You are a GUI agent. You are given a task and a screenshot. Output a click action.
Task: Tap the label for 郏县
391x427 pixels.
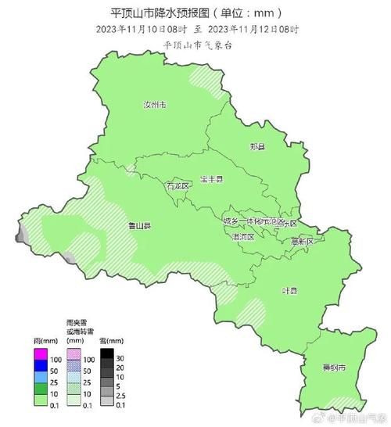click(256, 146)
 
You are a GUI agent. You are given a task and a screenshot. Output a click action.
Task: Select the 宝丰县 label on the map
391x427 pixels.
click(210, 180)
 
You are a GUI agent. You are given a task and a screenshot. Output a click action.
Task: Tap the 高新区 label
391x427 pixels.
click(301, 242)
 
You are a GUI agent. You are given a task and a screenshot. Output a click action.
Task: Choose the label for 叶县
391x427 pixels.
click(290, 289)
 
